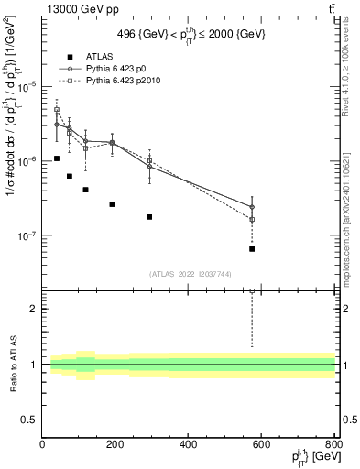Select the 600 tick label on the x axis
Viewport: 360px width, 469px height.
pyautogui.click(x=262, y=444)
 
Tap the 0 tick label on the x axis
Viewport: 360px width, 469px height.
pyautogui.click(x=42, y=444)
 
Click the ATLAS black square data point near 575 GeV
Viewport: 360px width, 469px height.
pyautogui.click(x=252, y=248)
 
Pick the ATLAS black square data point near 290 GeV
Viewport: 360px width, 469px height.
pyautogui.click(x=149, y=217)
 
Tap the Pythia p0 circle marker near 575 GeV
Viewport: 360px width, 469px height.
pyautogui.click(x=252, y=207)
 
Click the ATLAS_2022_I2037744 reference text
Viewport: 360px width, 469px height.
pyautogui.click(x=189, y=274)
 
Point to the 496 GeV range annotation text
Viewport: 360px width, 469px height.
pyautogui.click(x=190, y=34)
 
